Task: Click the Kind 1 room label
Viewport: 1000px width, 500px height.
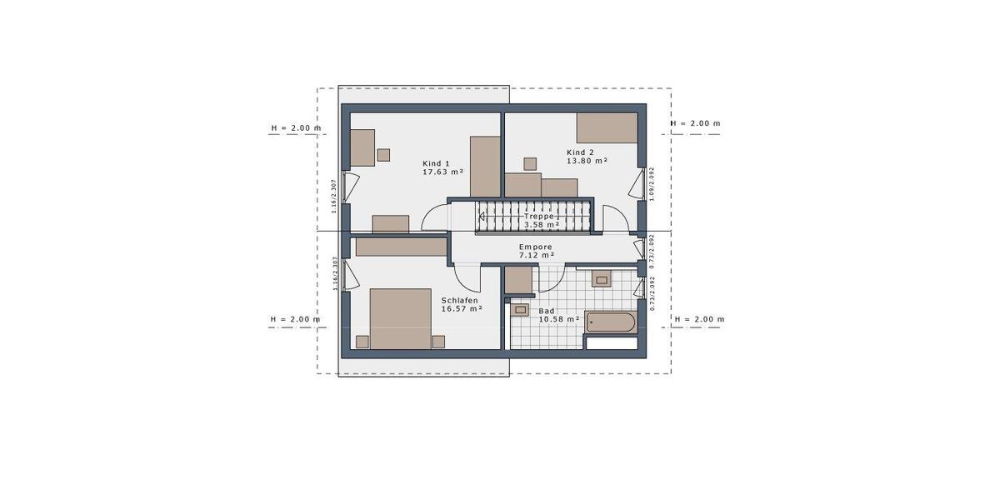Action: [x=436, y=163]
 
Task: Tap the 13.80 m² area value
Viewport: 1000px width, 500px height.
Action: [x=587, y=161]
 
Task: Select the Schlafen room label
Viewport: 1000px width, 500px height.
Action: [x=460, y=300]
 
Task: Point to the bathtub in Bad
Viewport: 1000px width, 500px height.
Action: [x=611, y=322]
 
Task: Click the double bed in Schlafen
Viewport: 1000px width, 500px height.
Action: [x=400, y=318]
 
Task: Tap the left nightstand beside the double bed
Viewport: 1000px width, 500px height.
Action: [x=362, y=341]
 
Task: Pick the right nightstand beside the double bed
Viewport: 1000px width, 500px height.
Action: [x=438, y=341]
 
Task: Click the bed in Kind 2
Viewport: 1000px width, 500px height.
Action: [x=607, y=128]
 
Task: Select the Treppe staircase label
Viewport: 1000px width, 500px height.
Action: [x=538, y=216]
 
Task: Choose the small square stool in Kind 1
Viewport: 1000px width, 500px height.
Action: [x=383, y=154]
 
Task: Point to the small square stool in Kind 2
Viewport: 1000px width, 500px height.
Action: [x=529, y=163]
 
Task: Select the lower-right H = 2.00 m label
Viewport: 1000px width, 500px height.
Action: [x=698, y=319]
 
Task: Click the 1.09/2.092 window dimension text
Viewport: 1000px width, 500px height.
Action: [x=652, y=183]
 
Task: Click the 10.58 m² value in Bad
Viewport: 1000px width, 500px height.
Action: [x=558, y=319]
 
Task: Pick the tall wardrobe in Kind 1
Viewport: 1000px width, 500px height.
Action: [x=485, y=167]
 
